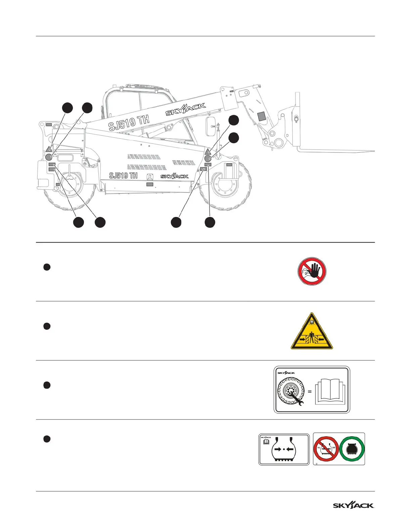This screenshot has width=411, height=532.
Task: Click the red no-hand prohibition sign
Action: click(x=312, y=271)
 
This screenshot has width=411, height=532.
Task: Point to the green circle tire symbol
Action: click(x=352, y=449)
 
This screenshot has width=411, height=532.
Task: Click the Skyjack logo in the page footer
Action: click(x=354, y=505)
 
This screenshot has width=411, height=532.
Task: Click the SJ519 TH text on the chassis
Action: click(x=123, y=176)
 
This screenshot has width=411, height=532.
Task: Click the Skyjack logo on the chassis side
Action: click(x=174, y=176)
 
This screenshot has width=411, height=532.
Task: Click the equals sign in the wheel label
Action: click(x=310, y=391)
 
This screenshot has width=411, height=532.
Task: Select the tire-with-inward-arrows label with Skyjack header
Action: click(x=284, y=449)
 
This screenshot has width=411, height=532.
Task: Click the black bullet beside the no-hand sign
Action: click(x=47, y=267)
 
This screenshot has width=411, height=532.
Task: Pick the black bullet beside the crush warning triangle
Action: click(x=47, y=326)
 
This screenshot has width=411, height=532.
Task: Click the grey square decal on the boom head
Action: click(x=261, y=116)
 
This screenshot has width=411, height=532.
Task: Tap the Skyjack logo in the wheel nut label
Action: click(x=286, y=373)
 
